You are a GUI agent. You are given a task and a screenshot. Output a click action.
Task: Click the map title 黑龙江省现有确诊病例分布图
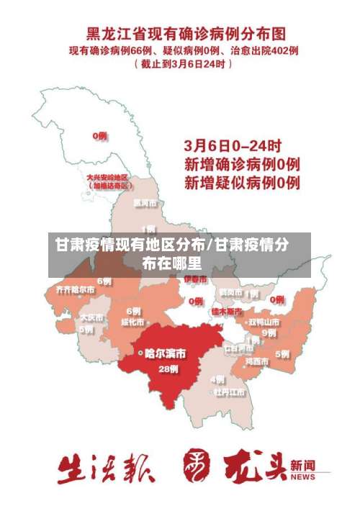(186, 34)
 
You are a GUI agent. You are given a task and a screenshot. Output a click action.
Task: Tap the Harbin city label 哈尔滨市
(165, 353)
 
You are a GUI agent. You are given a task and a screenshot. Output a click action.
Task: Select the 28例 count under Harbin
(168, 368)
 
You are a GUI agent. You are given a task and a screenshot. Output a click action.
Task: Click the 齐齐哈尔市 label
(75, 289)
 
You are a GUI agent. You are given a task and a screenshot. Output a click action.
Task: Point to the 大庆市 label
(91, 317)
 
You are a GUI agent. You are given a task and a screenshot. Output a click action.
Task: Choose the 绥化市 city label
(134, 322)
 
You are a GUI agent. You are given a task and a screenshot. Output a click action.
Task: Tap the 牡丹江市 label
(228, 392)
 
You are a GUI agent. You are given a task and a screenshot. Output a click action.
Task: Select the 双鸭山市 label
(264, 322)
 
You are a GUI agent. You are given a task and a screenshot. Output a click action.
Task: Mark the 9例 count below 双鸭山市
(269, 333)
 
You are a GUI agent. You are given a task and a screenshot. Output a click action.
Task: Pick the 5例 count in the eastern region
(282, 353)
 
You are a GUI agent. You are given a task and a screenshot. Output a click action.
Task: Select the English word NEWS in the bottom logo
(303, 476)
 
